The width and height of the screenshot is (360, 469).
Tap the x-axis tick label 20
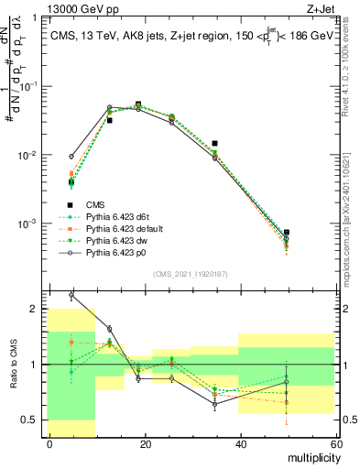144,444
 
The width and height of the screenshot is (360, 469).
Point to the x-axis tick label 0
49,444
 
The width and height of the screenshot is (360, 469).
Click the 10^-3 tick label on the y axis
29,224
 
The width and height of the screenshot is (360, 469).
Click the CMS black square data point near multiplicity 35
214,144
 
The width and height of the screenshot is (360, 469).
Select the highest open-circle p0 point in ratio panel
71,296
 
